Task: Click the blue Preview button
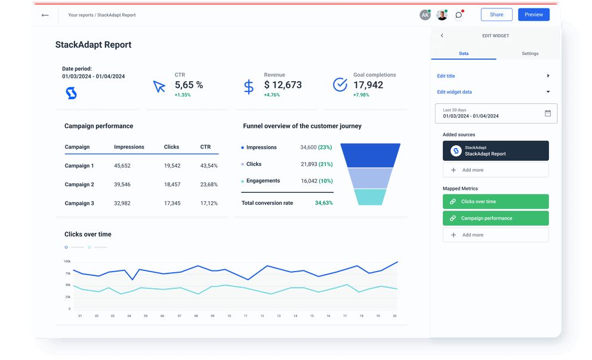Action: click(534, 15)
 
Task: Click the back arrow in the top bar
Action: click(45, 15)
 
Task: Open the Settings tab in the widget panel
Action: click(529, 54)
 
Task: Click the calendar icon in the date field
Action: click(548, 113)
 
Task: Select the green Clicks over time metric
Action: click(495, 202)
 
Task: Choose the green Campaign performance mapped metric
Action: click(495, 219)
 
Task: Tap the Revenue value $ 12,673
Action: click(283, 85)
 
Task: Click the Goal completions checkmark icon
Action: click(340, 85)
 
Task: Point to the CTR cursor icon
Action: click(159, 87)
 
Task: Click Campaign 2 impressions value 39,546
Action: click(122, 184)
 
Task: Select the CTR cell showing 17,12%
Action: click(209, 204)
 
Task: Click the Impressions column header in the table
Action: click(129, 147)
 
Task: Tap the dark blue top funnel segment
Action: click(370, 155)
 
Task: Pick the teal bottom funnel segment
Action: click(370, 197)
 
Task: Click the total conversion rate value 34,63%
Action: click(323, 203)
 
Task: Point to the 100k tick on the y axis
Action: click(67, 261)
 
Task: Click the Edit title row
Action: click(493, 76)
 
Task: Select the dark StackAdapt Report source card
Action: click(495, 151)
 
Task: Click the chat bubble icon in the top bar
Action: click(458, 15)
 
